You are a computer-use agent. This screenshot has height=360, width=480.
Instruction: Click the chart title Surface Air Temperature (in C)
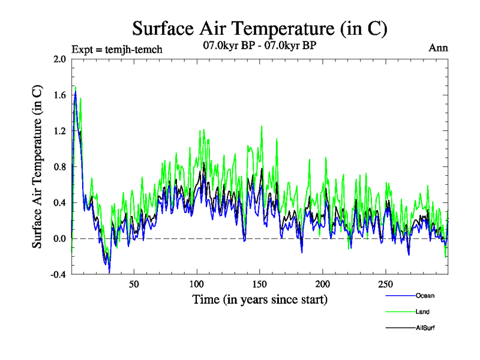click(x=259, y=28)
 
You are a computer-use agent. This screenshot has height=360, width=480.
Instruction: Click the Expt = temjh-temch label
click(x=116, y=49)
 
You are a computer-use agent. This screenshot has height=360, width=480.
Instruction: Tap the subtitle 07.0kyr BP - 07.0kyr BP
click(x=260, y=45)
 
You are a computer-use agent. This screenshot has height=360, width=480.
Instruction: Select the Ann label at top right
click(x=438, y=49)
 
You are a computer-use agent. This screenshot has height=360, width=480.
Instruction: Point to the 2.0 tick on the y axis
click(x=59, y=59)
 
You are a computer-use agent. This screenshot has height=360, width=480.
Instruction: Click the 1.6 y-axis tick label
click(x=59, y=95)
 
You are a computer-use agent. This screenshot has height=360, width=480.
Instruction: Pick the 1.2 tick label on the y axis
click(x=59, y=131)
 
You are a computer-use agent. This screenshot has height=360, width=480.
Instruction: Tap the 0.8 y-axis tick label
click(x=59, y=167)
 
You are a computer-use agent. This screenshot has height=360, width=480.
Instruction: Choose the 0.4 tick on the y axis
click(x=59, y=203)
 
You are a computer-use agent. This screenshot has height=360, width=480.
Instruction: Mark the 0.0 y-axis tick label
click(x=59, y=239)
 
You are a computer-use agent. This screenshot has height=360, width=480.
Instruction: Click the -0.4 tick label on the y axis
click(x=58, y=274)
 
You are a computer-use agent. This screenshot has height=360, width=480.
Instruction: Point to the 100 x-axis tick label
click(x=197, y=284)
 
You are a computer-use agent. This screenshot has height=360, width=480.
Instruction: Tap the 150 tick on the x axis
click(x=260, y=284)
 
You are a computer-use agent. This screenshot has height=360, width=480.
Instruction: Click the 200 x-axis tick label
click(x=323, y=284)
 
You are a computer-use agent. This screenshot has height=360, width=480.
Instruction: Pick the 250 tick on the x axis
click(x=386, y=284)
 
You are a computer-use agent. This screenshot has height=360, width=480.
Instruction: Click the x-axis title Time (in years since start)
click(x=260, y=299)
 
